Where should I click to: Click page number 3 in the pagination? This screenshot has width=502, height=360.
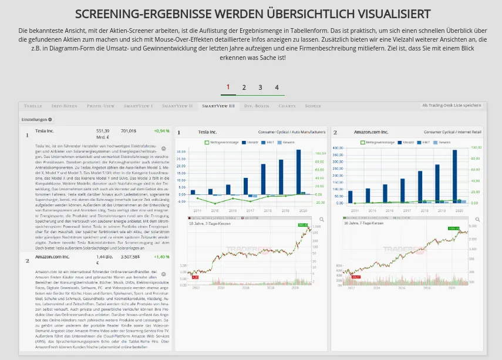tap(260, 88)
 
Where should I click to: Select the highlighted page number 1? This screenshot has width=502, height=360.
tap(228, 88)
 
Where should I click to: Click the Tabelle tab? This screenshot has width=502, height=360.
tap(33, 106)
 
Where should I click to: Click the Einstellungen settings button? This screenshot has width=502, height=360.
tap(37, 119)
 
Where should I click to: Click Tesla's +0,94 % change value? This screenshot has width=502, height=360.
tap(161, 132)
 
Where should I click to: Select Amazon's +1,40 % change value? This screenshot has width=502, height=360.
tap(161, 257)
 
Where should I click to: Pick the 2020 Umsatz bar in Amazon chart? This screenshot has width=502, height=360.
tap(455, 176)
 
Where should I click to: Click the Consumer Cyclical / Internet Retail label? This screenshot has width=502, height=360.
tap(452, 132)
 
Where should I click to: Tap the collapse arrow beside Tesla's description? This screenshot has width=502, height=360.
tap(163, 149)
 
